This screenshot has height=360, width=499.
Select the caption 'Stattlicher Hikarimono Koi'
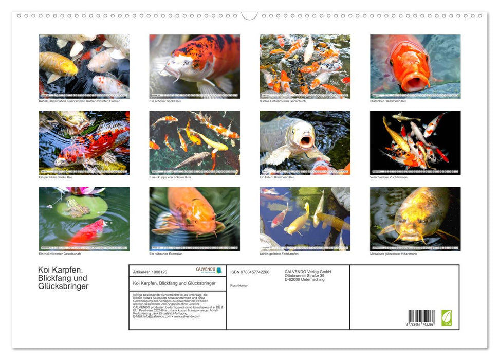click(x=388, y=101)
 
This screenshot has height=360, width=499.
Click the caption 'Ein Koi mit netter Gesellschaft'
click(x=60, y=254)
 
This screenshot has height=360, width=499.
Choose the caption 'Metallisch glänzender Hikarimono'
click(x=394, y=254)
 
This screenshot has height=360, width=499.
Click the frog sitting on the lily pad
click(x=78, y=208)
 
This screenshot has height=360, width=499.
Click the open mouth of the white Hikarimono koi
click(x=307, y=142)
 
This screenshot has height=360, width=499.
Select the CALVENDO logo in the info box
click(x=209, y=270)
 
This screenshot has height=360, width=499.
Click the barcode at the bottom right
click(x=421, y=317)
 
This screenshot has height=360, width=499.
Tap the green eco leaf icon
click(x=447, y=317)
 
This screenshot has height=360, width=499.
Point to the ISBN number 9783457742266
click(x=250, y=272)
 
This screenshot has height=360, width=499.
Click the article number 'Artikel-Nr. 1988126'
click(x=150, y=272)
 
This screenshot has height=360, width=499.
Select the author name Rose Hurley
click(x=239, y=285)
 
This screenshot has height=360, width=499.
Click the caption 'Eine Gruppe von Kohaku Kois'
click(x=170, y=177)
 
